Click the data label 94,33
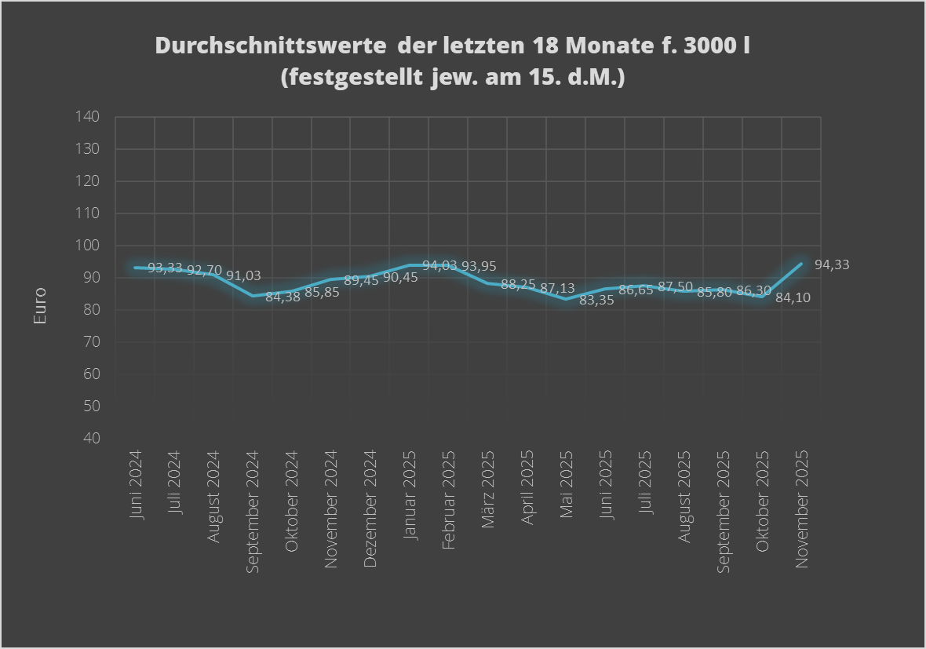pyautogui.click(x=832, y=265)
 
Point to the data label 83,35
pyautogui.click(x=596, y=300)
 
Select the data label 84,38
pyautogui.click(x=283, y=296)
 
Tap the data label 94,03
pyautogui.click(x=439, y=266)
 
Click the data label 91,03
pyautogui.click(x=243, y=275)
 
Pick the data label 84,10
pyautogui.click(x=793, y=298)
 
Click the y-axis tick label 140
pyautogui.click(x=87, y=117)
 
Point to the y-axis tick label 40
pyautogui.click(x=91, y=438)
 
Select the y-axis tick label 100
pyautogui.click(x=87, y=246)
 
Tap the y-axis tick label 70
pyautogui.click(x=91, y=342)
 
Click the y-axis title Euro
pyautogui.click(x=39, y=306)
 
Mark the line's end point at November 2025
pyautogui.click(x=801, y=264)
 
